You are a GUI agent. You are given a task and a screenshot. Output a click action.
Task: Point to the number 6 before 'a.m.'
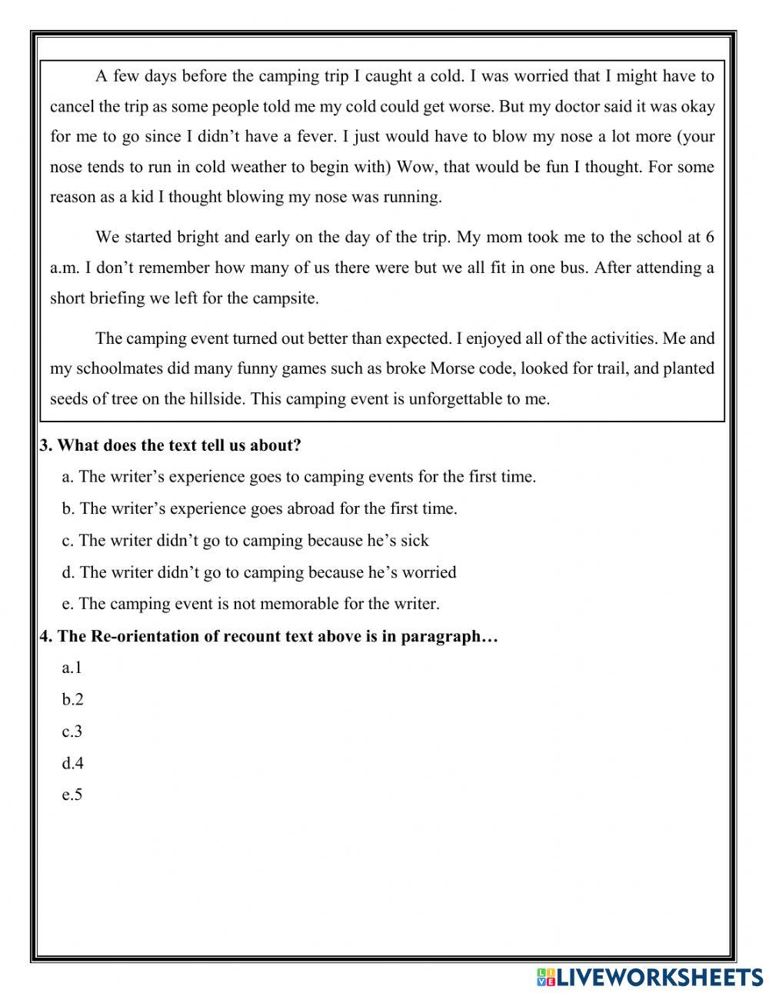pos(709,237)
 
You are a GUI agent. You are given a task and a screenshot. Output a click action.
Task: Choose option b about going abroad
pos(260,508)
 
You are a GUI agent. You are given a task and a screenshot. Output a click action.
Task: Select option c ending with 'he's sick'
pos(245,541)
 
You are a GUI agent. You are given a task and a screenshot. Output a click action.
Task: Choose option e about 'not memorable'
pos(251,604)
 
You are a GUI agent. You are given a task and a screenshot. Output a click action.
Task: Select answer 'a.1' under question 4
pos(72,668)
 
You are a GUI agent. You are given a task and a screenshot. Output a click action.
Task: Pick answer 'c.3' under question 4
pos(72,731)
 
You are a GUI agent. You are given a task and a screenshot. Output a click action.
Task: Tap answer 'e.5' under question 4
pos(72,795)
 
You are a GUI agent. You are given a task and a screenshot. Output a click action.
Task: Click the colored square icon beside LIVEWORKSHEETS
pos(545,978)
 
